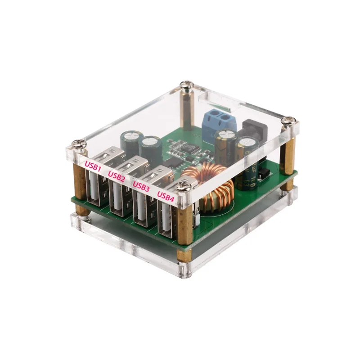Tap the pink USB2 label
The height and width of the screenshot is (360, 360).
pos(117,176)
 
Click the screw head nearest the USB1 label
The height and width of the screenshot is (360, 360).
pos(80,144)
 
